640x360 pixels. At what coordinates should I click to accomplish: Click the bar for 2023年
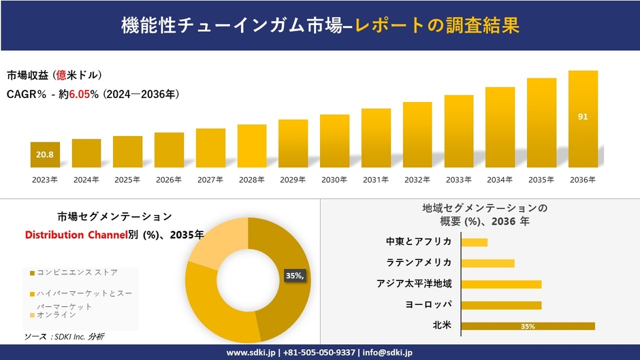(45, 155)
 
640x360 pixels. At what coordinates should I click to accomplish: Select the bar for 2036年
(583, 119)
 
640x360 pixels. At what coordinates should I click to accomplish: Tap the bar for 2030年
(334, 141)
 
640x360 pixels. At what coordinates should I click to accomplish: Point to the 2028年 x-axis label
(251, 180)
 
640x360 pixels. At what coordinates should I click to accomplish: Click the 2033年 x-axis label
(458, 180)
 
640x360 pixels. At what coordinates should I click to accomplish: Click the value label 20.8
(45, 155)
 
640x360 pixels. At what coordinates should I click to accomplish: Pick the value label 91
(583, 116)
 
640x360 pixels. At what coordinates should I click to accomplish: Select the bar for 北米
(528, 326)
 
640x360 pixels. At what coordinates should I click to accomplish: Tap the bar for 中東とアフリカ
(474, 242)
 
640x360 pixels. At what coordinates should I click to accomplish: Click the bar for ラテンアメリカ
(487, 263)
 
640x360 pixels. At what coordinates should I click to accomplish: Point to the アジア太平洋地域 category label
(414, 284)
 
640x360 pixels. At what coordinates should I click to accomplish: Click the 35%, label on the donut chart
(295, 276)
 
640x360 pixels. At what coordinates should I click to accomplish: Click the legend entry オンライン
(57, 315)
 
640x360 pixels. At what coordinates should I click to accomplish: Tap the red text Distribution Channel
(76, 235)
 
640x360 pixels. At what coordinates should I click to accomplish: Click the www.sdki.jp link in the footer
(250, 353)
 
